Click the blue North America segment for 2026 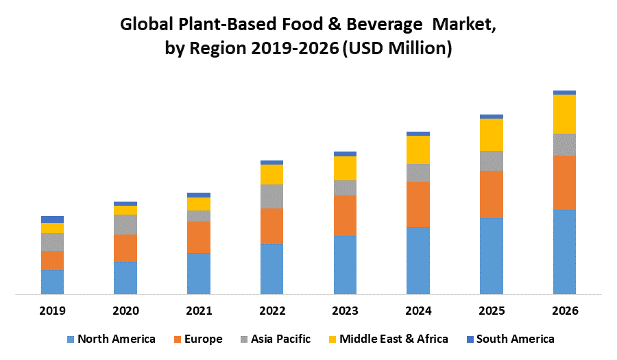point(564,252)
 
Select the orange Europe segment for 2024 point(418,204)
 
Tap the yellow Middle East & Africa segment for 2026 point(564,114)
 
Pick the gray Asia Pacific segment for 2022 point(271,196)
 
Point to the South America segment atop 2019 point(52,219)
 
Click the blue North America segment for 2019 point(52,282)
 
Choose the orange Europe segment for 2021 point(199,237)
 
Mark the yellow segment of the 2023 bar point(345,168)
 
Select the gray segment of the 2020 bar point(125,224)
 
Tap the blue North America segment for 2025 point(492,256)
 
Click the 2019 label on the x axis point(52,311)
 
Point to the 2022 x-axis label point(271,311)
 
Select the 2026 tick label point(564,311)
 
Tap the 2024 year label point(418,311)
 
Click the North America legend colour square point(70,339)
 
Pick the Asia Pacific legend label point(280,339)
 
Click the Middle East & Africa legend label point(394,339)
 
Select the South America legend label point(515,339)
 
